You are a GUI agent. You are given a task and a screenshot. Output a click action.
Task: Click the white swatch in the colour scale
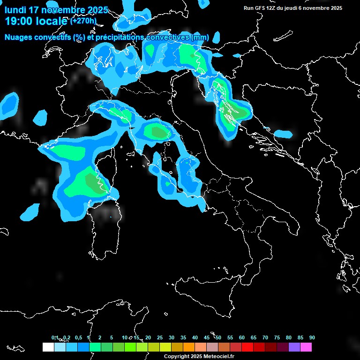(x=48, y=347)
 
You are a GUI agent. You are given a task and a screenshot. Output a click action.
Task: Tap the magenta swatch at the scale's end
(x=306, y=347)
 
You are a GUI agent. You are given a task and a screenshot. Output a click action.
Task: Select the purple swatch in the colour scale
(x=294, y=347)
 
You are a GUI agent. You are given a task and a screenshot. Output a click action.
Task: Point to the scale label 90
(x=312, y=337)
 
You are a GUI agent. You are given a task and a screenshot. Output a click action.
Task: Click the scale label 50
(x=218, y=337)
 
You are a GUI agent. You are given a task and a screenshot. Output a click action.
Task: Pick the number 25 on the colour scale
(x=160, y=337)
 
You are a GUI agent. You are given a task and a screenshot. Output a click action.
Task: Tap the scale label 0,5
(x=78, y=337)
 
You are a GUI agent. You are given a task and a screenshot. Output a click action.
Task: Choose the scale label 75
(x=277, y=337)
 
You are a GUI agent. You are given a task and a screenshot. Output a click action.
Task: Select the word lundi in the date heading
(x=15, y=10)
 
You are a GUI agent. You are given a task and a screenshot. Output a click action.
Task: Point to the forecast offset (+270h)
(x=83, y=21)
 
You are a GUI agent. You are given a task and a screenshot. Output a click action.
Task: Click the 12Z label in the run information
(x=273, y=8)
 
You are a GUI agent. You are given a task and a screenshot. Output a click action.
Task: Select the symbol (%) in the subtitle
(x=79, y=37)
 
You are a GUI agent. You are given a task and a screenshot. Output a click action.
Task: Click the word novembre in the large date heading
(x=67, y=10)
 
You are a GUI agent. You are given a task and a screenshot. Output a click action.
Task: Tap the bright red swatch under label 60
(x=247, y=347)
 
